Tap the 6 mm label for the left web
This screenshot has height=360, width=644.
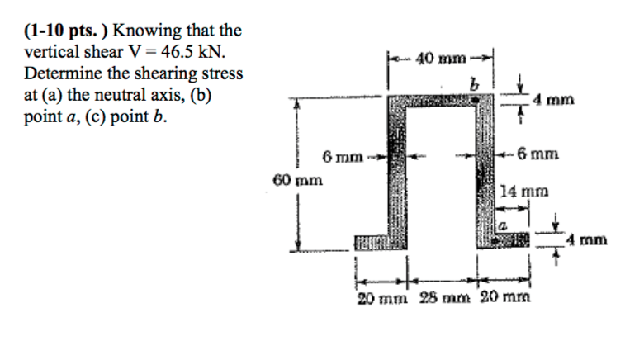pyautogui.click(x=339, y=154)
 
